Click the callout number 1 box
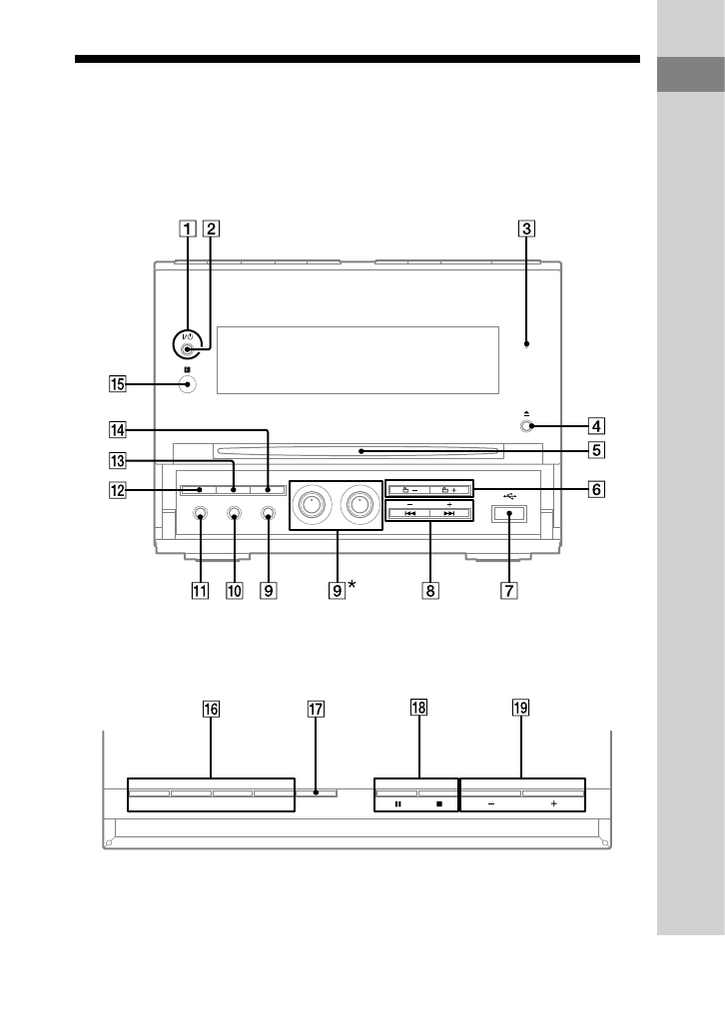(188, 229)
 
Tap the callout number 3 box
(526, 229)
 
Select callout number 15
(118, 383)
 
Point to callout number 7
(508, 590)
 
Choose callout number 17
(317, 709)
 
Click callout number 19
(520, 708)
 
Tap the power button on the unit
(188, 348)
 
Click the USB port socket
(509, 513)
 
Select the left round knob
(311, 504)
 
